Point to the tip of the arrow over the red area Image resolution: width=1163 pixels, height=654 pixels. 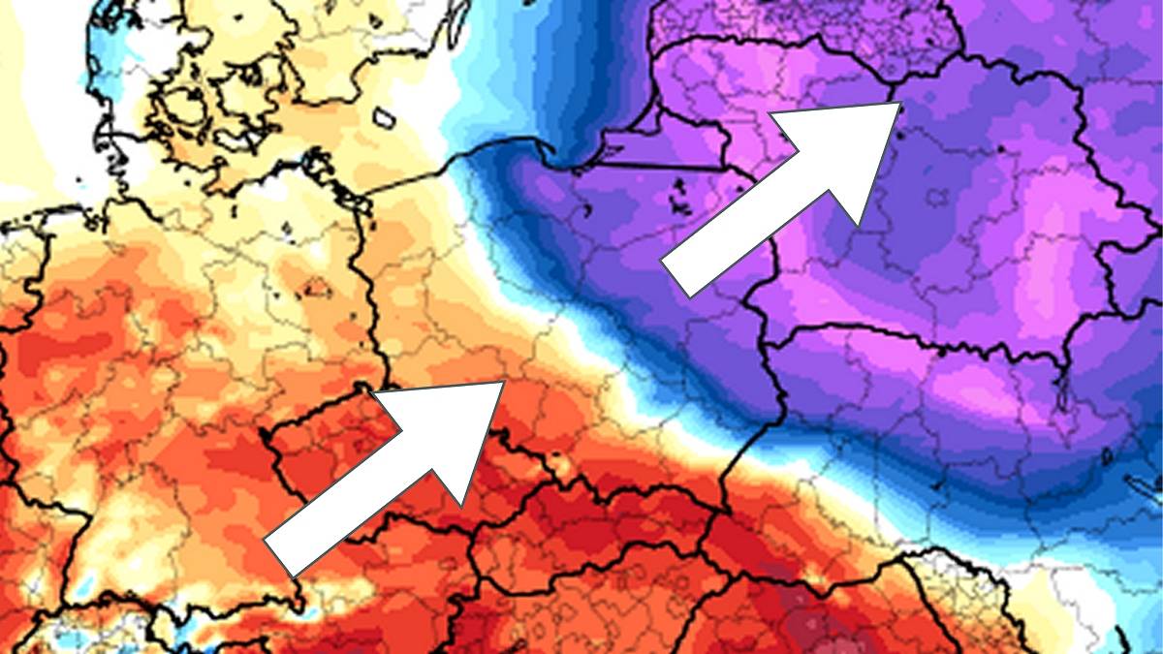coord(503,383)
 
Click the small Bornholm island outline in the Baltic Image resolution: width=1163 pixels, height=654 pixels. coord(385,117)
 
